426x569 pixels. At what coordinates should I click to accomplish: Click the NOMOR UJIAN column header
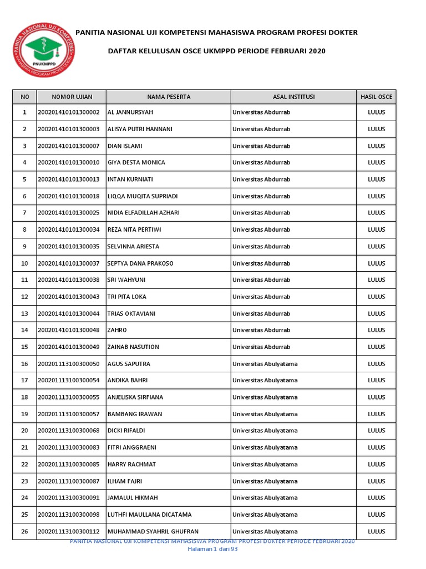tap(72, 97)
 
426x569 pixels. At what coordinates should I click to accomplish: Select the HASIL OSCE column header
tap(376, 97)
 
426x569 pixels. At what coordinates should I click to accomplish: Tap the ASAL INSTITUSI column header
tap(293, 97)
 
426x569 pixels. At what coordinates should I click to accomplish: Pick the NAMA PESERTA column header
tap(169, 97)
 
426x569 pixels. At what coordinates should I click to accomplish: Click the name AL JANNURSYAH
tap(130, 112)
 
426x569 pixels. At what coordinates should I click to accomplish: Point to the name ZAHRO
tap(117, 330)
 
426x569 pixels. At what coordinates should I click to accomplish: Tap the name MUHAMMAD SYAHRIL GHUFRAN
tap(153, 531)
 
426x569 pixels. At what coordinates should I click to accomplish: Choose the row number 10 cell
tap(24, 263)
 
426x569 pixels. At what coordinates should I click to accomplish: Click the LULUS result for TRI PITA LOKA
tap(376, 297)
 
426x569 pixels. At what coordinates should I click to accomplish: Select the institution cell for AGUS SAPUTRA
tap(265, 364)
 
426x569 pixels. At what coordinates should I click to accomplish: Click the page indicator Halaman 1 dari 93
tap(213, 549)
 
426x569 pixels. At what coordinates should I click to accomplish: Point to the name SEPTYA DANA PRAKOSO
tap(140, 263)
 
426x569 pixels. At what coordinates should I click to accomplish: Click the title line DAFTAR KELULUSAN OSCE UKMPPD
tap(216, 51)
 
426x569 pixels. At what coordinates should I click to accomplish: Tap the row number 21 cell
tap(24, 447)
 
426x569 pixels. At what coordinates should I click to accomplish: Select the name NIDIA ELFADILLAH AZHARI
tap(143, 213)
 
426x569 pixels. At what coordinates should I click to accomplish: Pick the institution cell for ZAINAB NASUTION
tap(261, 347)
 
